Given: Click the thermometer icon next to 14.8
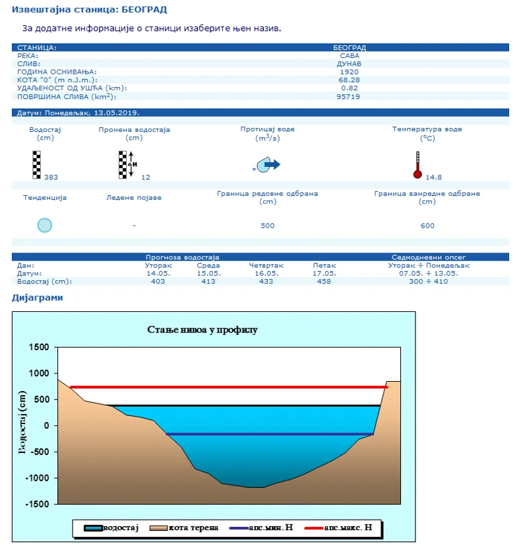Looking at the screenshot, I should click(417, 166).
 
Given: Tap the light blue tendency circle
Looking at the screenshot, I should click(44, 225).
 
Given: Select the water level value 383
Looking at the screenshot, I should click(51, 177).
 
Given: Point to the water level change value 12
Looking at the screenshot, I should click(146, 177).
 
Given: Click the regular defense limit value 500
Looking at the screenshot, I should click(268, 226).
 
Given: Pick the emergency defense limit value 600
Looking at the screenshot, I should click(427, 226).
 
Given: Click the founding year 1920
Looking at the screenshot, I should click(350, 72).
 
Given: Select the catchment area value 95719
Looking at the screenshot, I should click(350, 96).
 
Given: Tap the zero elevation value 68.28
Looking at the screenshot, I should click(350, 80).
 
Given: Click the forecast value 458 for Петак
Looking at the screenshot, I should click(324, 282).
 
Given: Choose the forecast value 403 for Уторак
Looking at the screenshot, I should click(158, 282).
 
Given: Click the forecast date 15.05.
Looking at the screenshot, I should click(209, 273).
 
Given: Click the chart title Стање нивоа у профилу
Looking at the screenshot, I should click(201, 329).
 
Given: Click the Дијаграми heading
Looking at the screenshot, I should click(38, 297).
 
